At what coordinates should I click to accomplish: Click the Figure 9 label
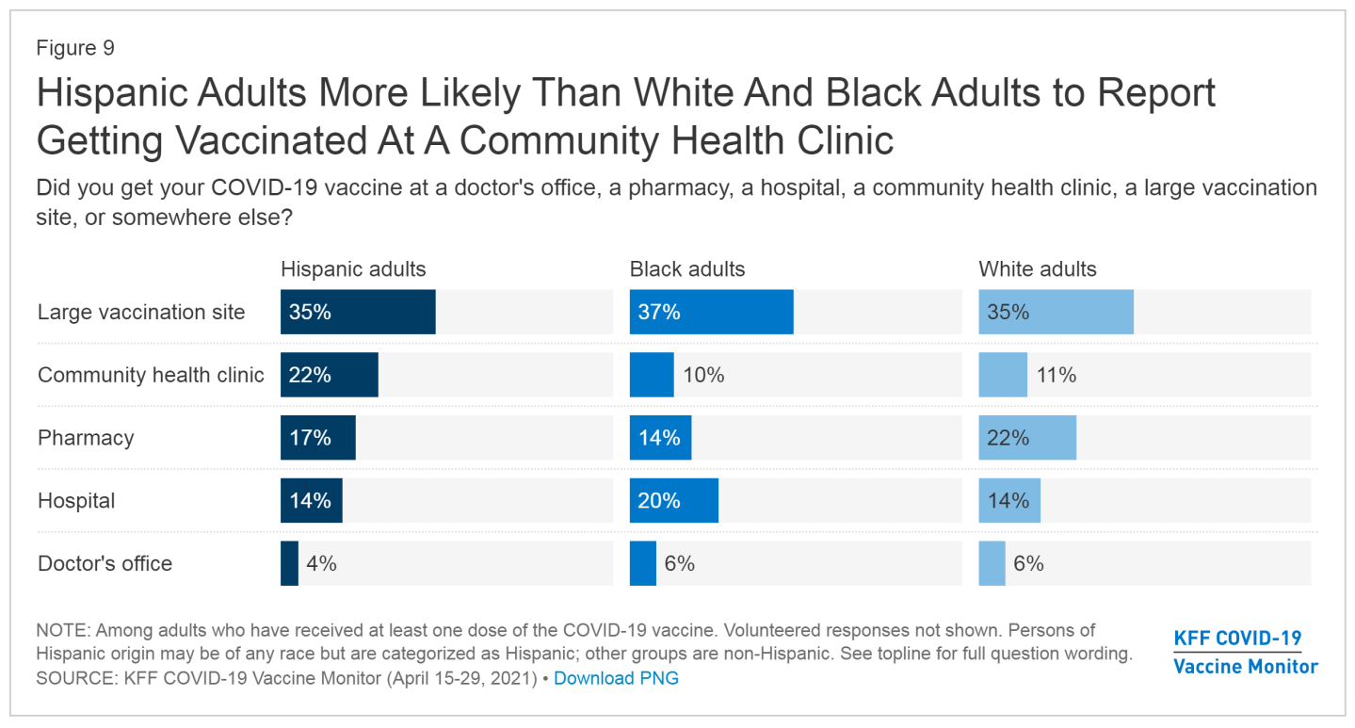click(75, 48)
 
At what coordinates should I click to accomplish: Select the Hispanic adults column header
click(353, 269)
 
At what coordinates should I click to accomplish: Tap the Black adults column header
click(686, 269)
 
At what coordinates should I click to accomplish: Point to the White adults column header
click(1037, 269)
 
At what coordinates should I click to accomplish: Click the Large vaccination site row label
click(141, 313)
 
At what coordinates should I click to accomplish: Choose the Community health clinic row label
click(151, 375)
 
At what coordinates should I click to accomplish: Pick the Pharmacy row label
click(86, 438)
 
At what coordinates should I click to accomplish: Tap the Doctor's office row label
click(105, 563)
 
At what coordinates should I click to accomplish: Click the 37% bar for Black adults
click(711, 312)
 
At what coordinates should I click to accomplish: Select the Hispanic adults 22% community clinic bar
click(329, 375)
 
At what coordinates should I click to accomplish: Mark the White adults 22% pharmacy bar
click(1026, 438)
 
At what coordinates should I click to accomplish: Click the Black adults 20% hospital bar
click(673, 500)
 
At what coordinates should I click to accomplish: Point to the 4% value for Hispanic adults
click(321, 563)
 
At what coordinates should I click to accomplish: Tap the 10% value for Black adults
click(704, 375)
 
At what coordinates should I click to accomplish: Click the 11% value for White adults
click(1056, 375)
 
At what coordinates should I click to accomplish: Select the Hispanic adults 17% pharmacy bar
click(317, 438)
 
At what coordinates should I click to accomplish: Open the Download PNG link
click(616, 678)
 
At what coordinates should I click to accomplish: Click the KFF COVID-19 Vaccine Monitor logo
click(1245, 652)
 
